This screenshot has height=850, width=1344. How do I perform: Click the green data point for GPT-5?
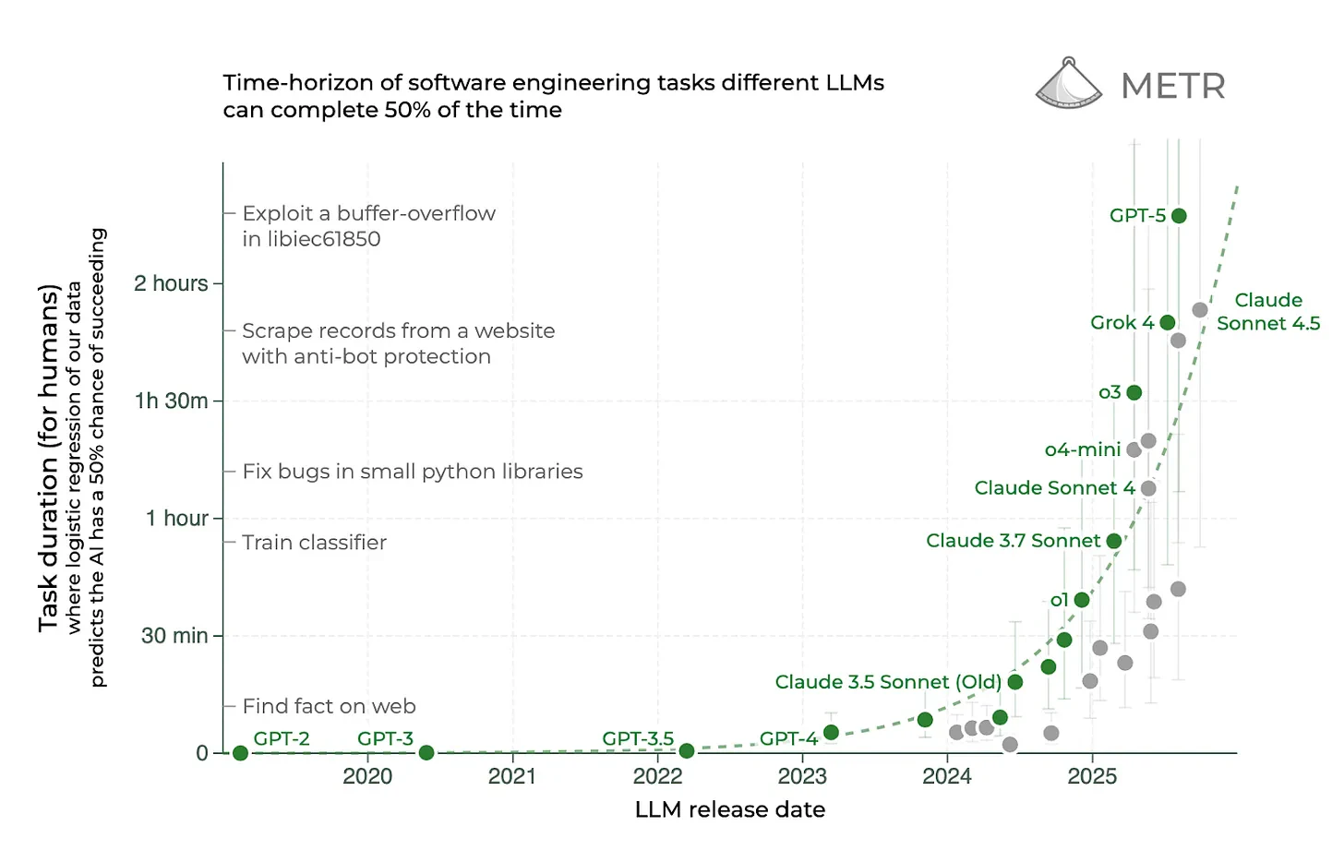(x=1179, y=216)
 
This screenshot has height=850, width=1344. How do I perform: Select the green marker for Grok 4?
(x=1168, y=322)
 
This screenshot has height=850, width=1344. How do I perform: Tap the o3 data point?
(x=1134, y=392)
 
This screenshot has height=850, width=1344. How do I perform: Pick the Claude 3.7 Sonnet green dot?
(x=1114, y=541)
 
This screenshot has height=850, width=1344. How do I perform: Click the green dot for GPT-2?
(x=241, y=753)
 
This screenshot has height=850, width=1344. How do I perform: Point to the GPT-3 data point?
(x=426, y=753)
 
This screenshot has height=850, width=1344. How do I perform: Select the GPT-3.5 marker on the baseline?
(x=687, y=751)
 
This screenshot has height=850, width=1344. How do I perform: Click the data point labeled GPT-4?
(x=831, y=733)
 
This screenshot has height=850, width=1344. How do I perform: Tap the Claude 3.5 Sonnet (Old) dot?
(x=1015, y=682)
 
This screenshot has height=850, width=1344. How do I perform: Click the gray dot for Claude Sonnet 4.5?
(x=1200, y=310)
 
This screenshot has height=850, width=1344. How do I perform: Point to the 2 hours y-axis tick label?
(x=171, y=283)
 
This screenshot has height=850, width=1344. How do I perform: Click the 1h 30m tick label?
(x=171, y=401)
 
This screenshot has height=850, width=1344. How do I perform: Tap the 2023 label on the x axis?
(x=802, y=776)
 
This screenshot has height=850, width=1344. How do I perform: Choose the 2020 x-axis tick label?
(x=367, y=776)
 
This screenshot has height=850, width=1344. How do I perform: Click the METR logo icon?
(x=1069, y=83)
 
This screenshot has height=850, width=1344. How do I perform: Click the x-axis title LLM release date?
(x=729, y=809)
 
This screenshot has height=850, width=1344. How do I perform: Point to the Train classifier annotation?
(x=314, y=543)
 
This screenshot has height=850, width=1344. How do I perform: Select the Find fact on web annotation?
(x=329, y=706)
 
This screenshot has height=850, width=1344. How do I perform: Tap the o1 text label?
(x=1059, y=600)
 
